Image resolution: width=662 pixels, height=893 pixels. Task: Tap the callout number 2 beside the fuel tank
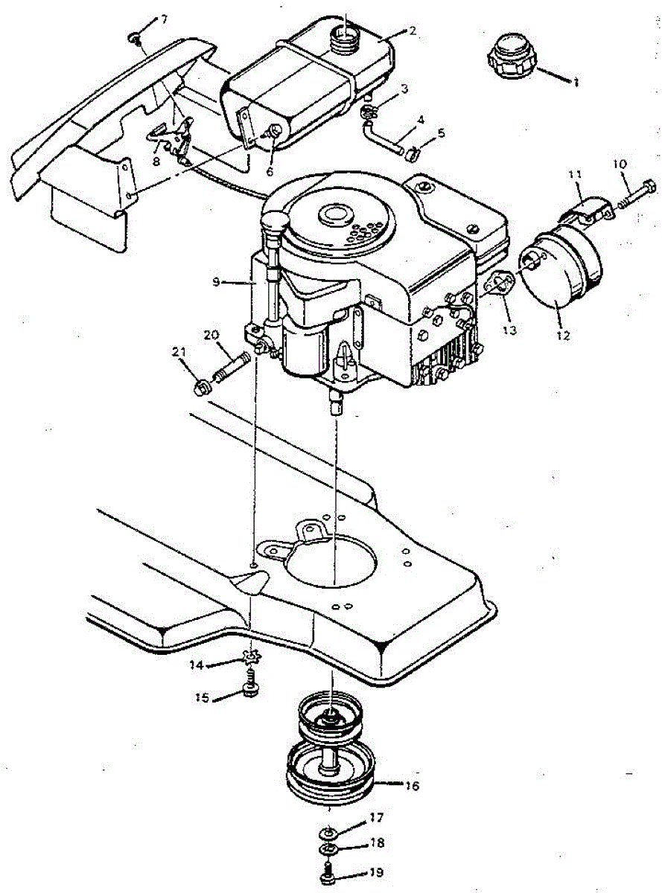(412, 31)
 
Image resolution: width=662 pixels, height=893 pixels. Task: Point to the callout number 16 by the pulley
(412, 786)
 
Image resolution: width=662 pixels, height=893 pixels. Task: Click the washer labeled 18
(328, 850)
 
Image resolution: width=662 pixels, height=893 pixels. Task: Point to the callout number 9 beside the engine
(216, 282)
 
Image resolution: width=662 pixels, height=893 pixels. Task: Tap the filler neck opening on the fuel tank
(344, 34)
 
